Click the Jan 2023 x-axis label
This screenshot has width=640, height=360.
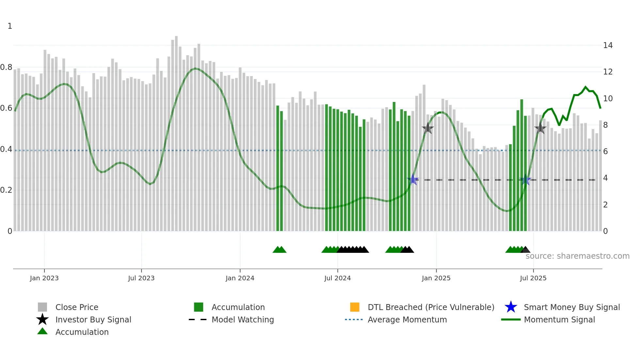44,278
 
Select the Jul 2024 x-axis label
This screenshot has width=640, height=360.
337,278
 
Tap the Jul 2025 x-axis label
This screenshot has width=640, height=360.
533,278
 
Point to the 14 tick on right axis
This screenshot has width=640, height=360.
608,45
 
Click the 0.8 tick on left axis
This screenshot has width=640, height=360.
6,67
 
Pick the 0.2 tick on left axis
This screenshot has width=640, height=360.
6,190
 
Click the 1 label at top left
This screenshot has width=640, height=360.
10,26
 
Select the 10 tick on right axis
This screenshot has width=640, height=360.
608,99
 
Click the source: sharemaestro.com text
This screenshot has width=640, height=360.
577,256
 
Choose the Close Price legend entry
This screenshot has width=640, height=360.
77,307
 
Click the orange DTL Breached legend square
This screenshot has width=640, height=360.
355,307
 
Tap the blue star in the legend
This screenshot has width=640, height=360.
511,307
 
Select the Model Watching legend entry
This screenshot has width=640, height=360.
243,320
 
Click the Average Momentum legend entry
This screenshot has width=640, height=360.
407,320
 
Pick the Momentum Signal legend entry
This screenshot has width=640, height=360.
559,320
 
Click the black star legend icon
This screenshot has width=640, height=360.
42,319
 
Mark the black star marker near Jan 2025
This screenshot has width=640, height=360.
427,128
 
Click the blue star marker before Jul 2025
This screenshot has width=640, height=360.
525,180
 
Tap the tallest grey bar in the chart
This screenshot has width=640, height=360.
176,131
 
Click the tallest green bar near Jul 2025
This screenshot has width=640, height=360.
521,163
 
